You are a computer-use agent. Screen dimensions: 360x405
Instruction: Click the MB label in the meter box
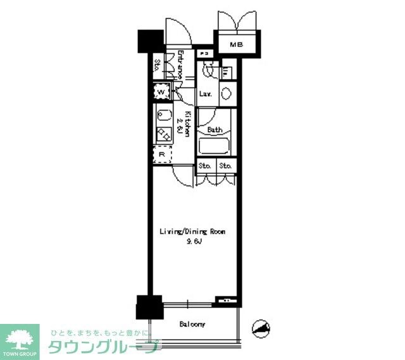(236, 44)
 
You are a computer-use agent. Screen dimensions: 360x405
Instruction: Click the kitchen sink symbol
(163, 116)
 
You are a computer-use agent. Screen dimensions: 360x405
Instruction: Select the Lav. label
(205, 95)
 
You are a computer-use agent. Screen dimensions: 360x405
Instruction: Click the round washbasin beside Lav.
(226, 94)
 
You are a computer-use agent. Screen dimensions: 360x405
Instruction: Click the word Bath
(215, 130)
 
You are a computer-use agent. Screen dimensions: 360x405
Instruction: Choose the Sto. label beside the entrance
(157, 65)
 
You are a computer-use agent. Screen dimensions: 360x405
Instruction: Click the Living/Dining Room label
(192, 232)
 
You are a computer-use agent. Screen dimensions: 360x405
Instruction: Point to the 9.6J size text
(192, 242)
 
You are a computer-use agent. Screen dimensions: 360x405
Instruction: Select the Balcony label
(192, 325)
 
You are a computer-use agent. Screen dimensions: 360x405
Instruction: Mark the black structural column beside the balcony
(149, 308)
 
